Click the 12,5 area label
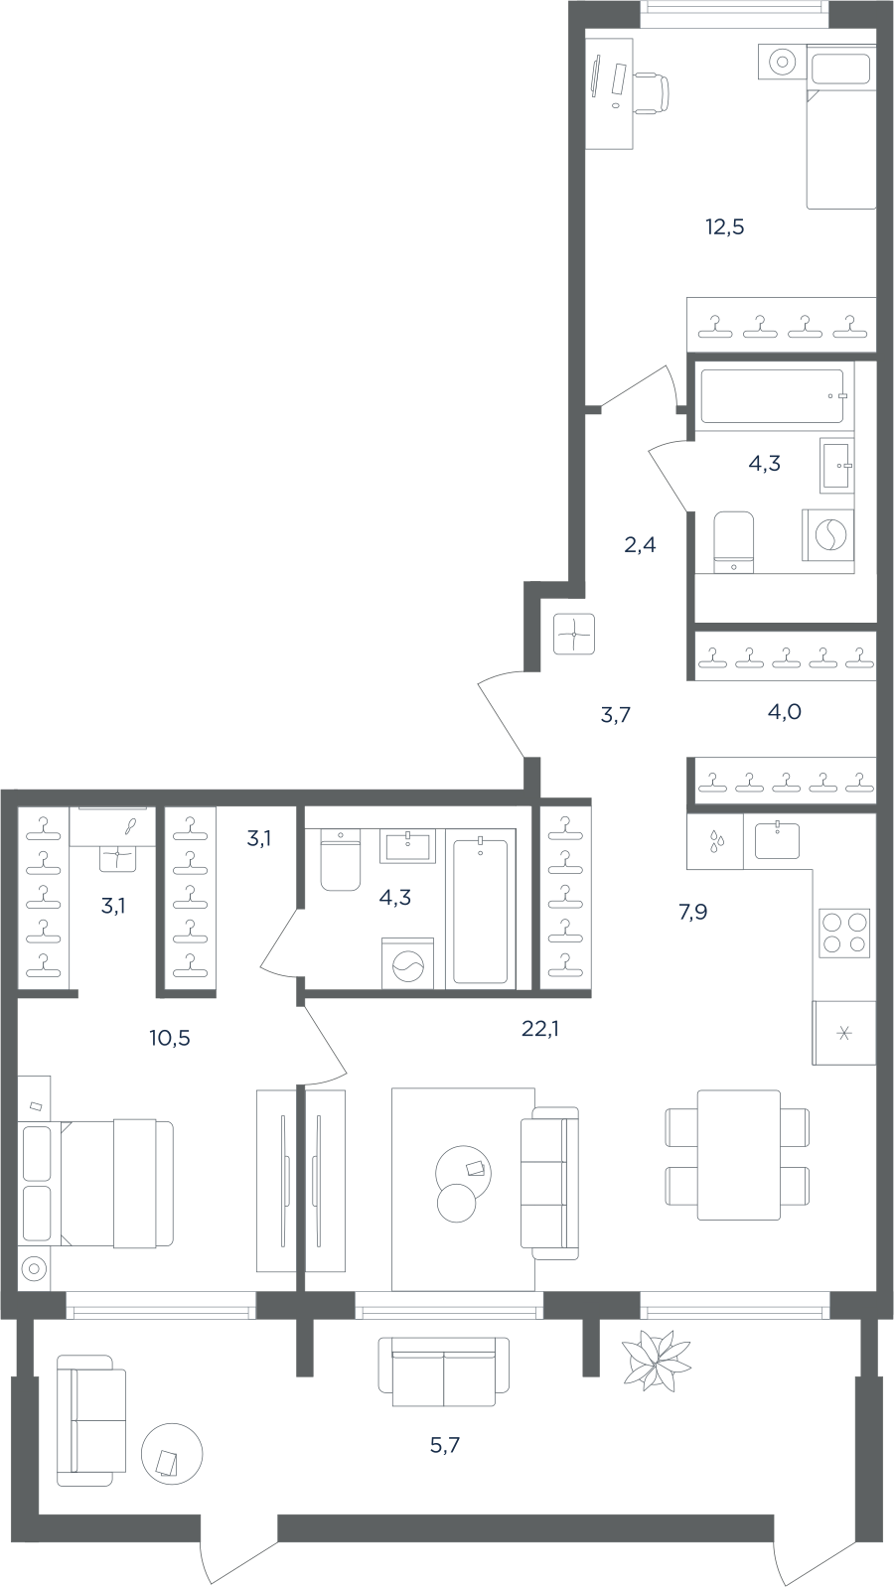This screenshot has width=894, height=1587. (725, 227)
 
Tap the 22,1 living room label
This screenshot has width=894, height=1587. (539, 1028)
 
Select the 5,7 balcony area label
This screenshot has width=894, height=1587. (445, 1445)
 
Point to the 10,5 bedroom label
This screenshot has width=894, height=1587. (170, 1039)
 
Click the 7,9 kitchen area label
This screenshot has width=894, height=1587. (692, 913)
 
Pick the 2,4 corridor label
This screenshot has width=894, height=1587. (640, 545)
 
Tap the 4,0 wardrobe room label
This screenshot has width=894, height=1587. (784, 712)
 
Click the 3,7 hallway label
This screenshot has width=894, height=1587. (616, 715)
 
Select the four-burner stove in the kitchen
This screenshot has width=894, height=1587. (844, 934)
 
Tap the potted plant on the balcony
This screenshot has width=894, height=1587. (656, 1356)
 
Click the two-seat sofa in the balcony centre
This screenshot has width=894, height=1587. (444, 1371)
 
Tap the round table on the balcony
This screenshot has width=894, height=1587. (172, 1455)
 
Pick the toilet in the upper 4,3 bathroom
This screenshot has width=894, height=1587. (733, 541)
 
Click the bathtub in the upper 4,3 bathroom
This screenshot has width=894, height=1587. (773, 396)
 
